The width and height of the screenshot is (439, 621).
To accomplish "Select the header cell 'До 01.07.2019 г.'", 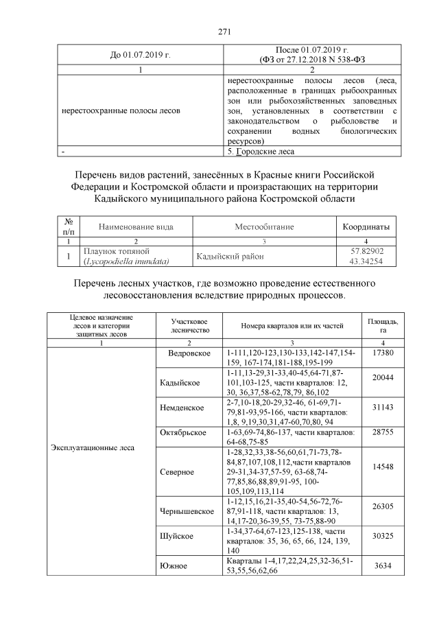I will pyautogui.click(x=140, y=54).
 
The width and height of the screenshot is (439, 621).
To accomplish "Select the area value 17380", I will pyautogui.click(x=377, y=352).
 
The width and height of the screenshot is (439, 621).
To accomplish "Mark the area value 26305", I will pyautogui.click(x=377, y=508).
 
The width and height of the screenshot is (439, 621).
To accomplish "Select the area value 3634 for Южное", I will pyautogui.click(x=377, y=569).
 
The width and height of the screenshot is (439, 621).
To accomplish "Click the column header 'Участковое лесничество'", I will pyautogui.click(x=189, y=326).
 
